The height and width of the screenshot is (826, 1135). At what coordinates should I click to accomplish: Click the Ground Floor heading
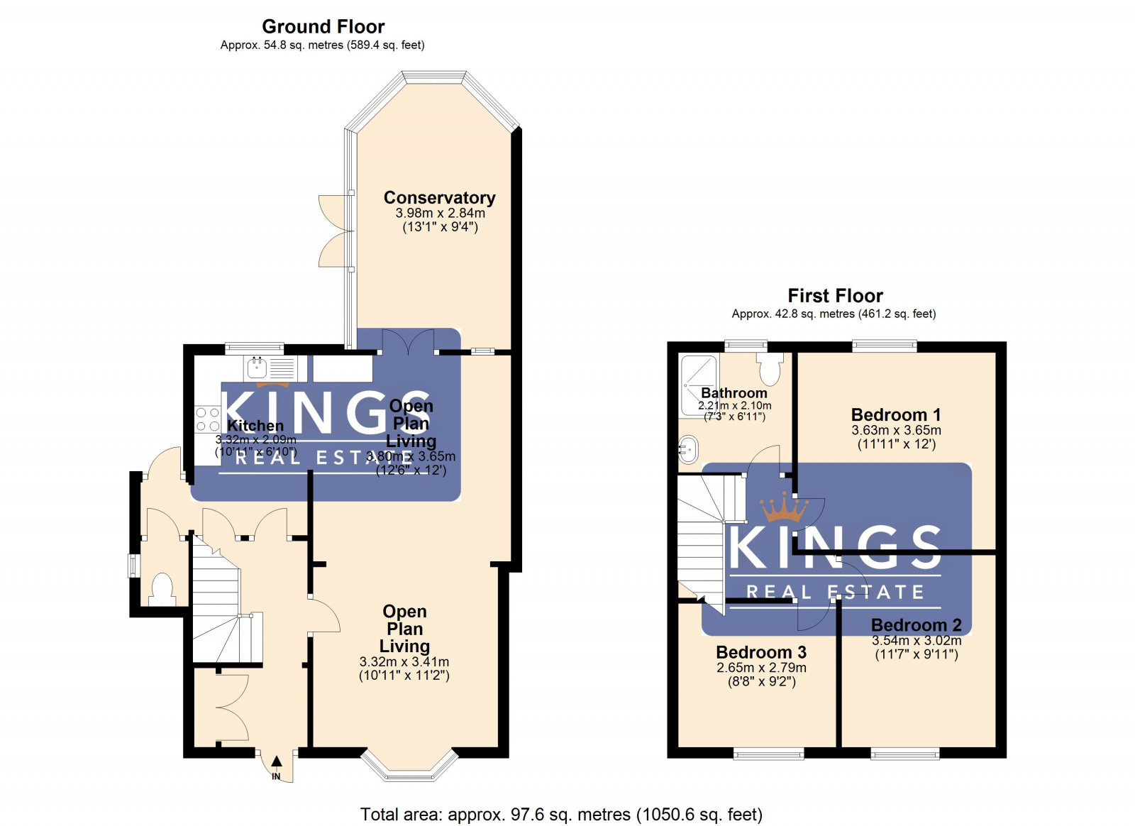pos(323,26)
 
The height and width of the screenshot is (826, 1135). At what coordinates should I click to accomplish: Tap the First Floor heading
pos(835,295)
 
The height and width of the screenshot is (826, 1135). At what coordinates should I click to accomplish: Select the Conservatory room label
pos(439,197)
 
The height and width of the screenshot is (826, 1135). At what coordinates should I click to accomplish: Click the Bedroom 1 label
pos(895,414)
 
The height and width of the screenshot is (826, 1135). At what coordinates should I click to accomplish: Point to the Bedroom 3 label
pos(760,651)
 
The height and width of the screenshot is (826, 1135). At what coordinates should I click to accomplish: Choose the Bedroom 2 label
pos(916,624)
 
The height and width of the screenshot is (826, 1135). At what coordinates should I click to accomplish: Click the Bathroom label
pos(733,392)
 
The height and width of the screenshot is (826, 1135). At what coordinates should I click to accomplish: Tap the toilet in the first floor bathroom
pos(769,368)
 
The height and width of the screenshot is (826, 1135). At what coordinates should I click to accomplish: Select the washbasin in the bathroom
pos(687,449)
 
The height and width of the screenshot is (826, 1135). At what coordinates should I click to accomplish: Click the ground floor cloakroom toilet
pos(162,589)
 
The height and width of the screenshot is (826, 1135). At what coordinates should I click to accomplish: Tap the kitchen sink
pos(256,368)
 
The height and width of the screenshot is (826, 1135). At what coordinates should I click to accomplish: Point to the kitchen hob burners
pos(206,419)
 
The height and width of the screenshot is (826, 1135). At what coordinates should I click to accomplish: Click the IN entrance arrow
pos(277,762)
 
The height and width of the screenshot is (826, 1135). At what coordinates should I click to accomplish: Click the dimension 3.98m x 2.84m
pos(440,213)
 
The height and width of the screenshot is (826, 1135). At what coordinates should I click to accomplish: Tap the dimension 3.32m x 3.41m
pos(404,661)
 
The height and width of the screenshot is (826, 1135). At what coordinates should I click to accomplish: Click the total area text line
pos(560,814)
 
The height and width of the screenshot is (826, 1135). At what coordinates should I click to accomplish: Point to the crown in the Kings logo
pos(784,508)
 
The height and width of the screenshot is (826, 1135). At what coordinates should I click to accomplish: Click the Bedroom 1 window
pos(884,346)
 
